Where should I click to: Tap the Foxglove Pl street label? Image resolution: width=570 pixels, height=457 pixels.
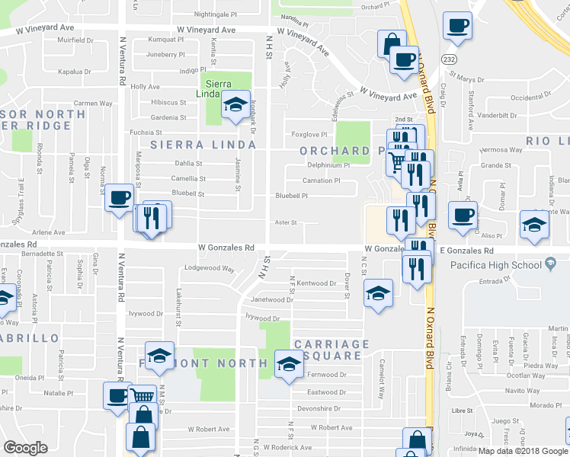coord(309,134)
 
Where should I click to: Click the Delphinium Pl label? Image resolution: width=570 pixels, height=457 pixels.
coord(328,165)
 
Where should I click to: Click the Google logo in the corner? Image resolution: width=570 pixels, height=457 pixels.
coord(26,448)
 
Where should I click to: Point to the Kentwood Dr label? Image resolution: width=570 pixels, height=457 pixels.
coord(316,283)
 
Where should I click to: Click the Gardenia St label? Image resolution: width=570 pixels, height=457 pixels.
coord(168,117)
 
